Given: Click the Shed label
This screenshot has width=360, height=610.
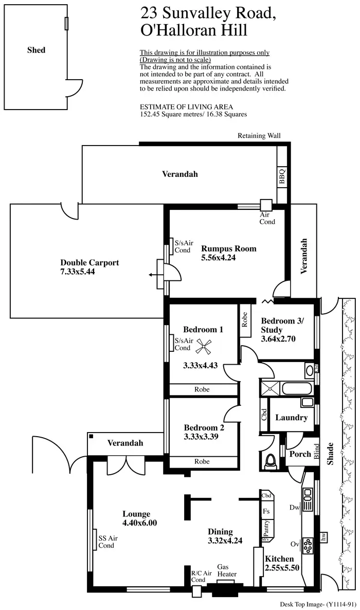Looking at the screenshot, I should tap(37, 50).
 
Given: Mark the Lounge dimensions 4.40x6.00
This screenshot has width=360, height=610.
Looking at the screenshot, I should tap(139, 523).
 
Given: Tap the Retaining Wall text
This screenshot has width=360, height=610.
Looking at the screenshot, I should tap(259, 136).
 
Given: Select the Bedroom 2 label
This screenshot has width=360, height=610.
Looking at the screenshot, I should tap(204, 427).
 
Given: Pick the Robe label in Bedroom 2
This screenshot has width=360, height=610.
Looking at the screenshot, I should tap(202, 461).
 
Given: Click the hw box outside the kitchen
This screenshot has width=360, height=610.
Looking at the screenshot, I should tap(323, 536).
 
